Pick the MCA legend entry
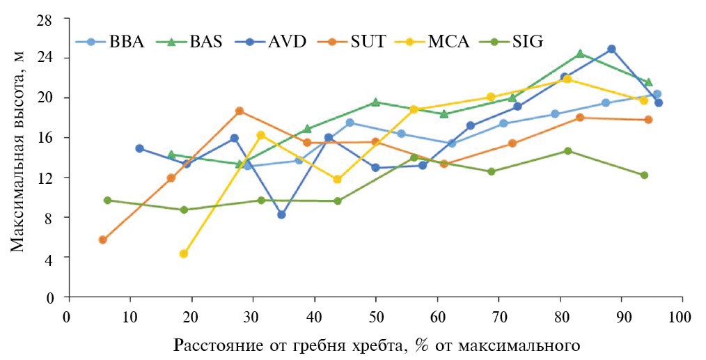pos(449,42)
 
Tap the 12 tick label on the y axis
pos(54,178)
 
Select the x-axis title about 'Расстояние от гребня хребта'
pos(377,345)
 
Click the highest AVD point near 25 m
pos(611,49)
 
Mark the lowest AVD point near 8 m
pos(281,214)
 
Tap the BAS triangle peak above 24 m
pos(580,54)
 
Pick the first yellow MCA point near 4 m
pos(184,253)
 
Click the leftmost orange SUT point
pos(103,240)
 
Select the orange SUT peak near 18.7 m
pos(240,111)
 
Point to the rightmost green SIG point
pos(644,175)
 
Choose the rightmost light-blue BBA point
pos(657,94)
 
